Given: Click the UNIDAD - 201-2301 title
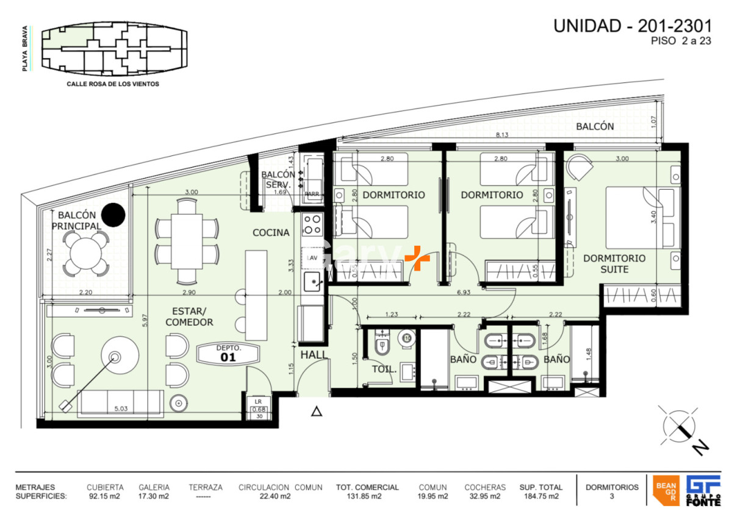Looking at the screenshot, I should (x=632, y=26).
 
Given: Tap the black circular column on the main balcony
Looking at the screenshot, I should (x=113, y=214).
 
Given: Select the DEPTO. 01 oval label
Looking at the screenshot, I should (x=228, y=354).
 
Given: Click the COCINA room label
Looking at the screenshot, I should (x=271, y=232).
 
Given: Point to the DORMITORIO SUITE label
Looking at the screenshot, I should (x=614, y=263).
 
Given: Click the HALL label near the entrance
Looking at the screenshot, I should (x=314, y=354).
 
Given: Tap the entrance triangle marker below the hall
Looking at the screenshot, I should (x=317, y=412).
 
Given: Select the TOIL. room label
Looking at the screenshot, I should (x=384, y=369).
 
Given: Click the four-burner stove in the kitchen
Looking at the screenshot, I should (x=313, y=224).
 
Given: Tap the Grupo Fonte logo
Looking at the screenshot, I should (x=703, y=490).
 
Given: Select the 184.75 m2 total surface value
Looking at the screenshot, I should (x=540, y=496).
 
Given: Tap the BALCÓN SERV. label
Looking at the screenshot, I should (x=278, y=179).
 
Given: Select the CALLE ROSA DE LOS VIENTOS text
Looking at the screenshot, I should (x=113, y=84).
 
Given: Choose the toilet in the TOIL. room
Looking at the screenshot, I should (x=382, y=346).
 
